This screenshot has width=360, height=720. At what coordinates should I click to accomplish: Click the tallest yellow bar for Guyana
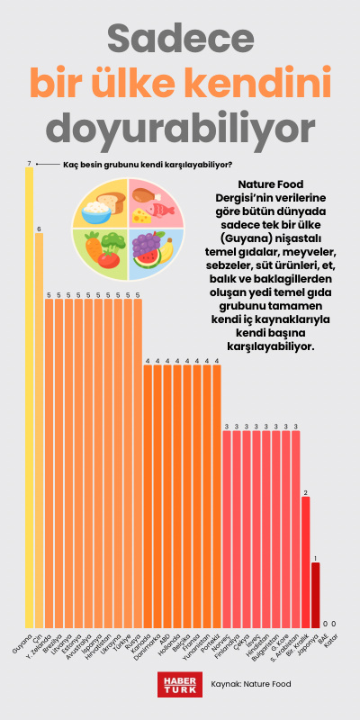pyautogui.click(x=29, y=396)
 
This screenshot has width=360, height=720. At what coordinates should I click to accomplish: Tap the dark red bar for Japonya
pyautogui.click(x=315, y=595)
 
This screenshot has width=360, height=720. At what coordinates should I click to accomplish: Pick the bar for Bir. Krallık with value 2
pyautogui.click(x=305, y=562)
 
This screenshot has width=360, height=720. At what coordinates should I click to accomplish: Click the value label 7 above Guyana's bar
pyautogui.click(x=29, y=164)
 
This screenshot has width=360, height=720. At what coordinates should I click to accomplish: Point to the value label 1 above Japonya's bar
pyautogui.click(x=315, y=558)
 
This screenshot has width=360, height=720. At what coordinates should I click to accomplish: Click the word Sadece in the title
pyautogui.click(x=180, y=38)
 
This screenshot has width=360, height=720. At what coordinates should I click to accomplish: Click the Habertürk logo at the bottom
pyautogui.click(x=177, y=684)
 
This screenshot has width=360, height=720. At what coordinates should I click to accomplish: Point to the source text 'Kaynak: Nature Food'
pyautogui.click(x=250, y=684)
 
